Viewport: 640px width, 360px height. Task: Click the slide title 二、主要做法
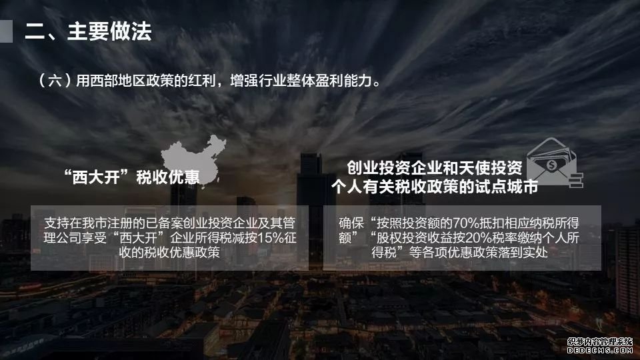click(88, 31)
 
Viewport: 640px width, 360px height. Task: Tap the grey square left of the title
click(6, 31)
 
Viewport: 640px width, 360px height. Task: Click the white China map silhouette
click(193, 159)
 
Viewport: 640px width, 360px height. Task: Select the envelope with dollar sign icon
click(554, 163)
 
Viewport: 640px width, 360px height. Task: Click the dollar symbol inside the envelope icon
click(551, 165)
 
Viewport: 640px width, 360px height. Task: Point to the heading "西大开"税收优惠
click(132, 177)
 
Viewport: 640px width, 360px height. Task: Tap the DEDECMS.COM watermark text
click(599, 350)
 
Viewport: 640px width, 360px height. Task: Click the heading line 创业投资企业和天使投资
click(434, 167)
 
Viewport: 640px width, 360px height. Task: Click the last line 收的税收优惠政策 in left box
click(169, 252)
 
